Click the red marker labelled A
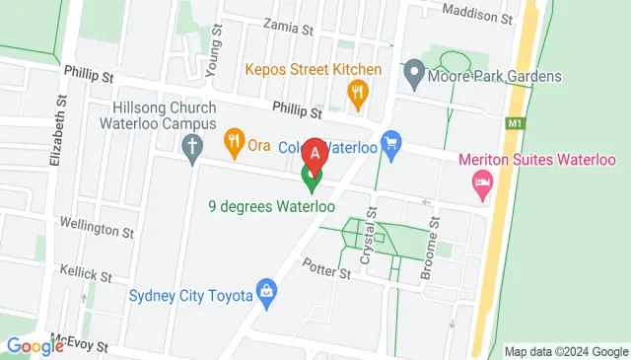tap(315, 155)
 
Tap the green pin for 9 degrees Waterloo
tap(312, 178)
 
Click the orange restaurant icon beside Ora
tap(234, 144)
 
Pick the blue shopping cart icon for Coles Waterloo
tap(391, 145)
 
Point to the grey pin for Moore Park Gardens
tap(414, 72)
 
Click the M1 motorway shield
tap(514, 124)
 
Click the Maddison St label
tap(478, 18)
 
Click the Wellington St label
tap(97, 232)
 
